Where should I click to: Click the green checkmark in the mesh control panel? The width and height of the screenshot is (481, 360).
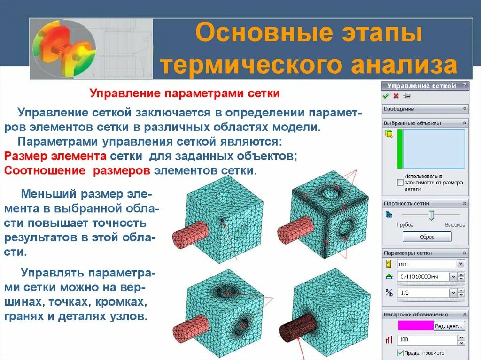click(x=386, y=96)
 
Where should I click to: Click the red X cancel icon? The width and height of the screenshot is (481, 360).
click(x=396, y=96)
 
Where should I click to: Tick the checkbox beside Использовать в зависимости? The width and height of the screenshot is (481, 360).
click(x=400, y=182)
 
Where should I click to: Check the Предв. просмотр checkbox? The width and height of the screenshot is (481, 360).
click(x=400, y=353)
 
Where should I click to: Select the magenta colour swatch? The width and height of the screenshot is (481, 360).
click(x=416, y=326)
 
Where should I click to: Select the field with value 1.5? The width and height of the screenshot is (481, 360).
click(x=422, y=293)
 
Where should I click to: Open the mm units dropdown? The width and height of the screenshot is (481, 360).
click(x=460, y=264)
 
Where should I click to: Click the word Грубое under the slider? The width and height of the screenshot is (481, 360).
click(x=404, y=225)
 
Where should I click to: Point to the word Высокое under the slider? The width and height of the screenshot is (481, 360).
click(x=455, y=225)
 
